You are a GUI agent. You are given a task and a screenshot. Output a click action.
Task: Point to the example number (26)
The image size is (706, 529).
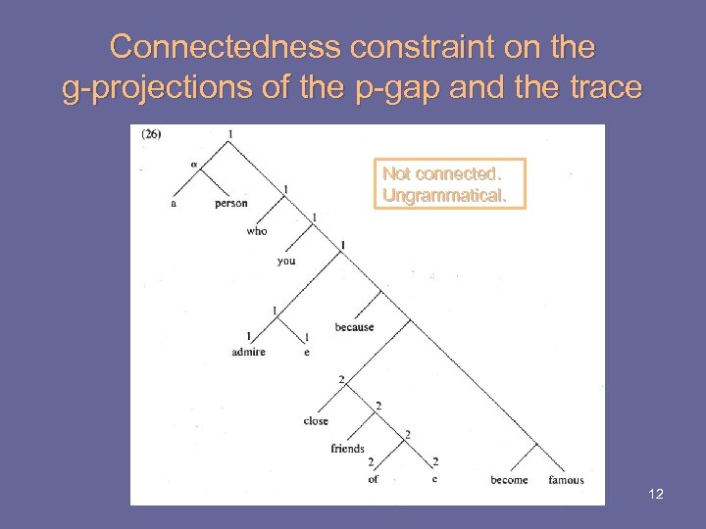(x=151, y=135)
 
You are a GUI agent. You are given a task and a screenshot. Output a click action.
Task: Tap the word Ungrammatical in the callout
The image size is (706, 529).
(x=444, y=196)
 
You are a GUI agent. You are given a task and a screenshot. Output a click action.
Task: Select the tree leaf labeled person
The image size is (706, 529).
(x=231, y=204)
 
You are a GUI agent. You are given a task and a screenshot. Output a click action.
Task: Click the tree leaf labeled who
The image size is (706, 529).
(x=257, y=231)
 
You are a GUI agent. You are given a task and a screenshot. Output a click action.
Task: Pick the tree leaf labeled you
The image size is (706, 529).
(x=286, y=262)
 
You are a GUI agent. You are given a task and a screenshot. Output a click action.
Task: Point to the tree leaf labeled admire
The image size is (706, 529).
(x=249, y=353)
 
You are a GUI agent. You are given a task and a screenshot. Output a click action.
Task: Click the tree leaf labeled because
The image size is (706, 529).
(x=354, y=327)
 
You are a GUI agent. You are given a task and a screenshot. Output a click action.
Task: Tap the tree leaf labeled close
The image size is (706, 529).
(x=316, y=421)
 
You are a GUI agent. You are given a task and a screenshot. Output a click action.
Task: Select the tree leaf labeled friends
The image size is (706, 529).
(x=347, y=449)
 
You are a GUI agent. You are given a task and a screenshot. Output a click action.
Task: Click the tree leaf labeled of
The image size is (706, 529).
(x=373, y=479)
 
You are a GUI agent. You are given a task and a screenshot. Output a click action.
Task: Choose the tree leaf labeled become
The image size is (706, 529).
(x=509, y=480)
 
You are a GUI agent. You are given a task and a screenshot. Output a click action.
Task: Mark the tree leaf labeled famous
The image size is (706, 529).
(x=566, y=480)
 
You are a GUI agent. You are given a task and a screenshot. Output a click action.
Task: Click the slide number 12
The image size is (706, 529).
(x=656, y=494)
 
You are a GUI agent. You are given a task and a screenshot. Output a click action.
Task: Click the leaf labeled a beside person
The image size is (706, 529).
(x=174, y=204)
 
